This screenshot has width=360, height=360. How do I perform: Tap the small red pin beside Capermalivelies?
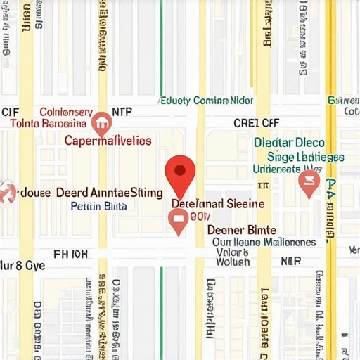click(x=101, y=124)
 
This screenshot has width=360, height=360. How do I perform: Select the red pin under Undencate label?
click(x=309, y=184)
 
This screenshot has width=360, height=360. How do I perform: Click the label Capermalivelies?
click(x=108, y=140)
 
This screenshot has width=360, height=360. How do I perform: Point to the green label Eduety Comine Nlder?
click(x=207, y=101)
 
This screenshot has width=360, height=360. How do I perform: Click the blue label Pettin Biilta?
click(x=99, y=206)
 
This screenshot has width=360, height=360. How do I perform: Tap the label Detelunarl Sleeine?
click(x=218, y=203)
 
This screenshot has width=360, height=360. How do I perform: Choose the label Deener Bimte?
click(x=241, y=230)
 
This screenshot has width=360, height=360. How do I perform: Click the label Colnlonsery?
click(x=65, y=112)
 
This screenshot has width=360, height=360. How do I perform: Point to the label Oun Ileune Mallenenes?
click(x=264, y=242)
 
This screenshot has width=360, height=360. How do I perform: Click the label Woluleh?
click(x=232, y=262)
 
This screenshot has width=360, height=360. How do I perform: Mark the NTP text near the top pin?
click(x=122, y=111)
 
